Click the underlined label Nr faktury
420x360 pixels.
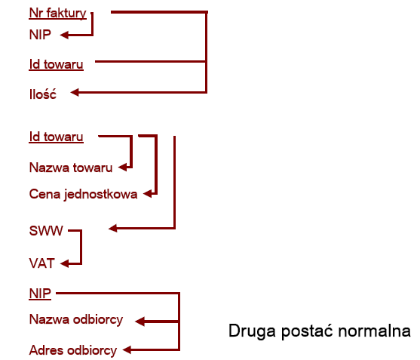(x=57, y=13)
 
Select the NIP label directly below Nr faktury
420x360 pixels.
(x=40, y=35)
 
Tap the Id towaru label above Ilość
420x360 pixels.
(x=56, y=65)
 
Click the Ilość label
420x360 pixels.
(x=43, y=94)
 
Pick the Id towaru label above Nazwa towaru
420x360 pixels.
(x=56, y=137)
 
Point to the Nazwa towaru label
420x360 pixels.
(x=71, y=168)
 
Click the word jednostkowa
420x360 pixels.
(x=101, y=195)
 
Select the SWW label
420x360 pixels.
(x=46, y=230)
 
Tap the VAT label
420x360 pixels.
(x=41, y=263)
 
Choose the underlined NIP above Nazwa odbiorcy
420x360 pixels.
(x=40, y=294)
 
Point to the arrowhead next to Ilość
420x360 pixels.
(x=75, y=93)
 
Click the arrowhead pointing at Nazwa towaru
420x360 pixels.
(x=122, y=168)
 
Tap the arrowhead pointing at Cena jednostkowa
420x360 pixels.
(x=147, y=193)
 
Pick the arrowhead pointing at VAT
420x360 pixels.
(x=65, y=263)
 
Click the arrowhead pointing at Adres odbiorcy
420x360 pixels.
(x=127, y=350)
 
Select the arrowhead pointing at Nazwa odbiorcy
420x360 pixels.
(x=139, y=321)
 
